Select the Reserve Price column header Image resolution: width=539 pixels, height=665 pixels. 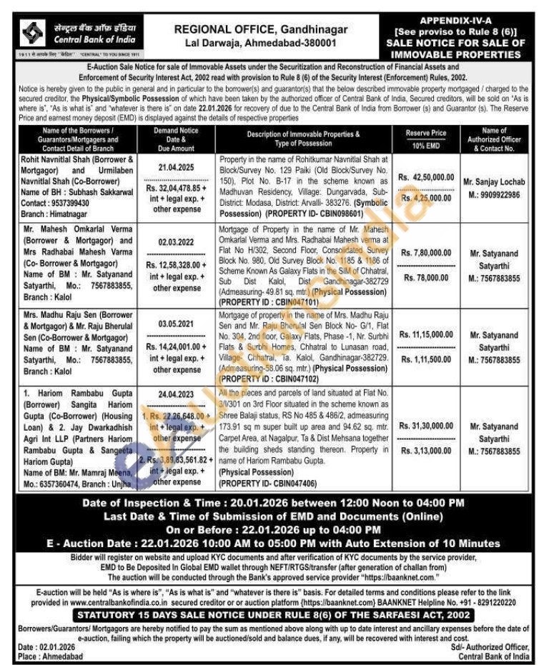(427, 134)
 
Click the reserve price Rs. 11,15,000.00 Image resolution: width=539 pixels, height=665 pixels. (427, 334)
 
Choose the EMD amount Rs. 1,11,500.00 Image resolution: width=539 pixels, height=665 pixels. (427, 359)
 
